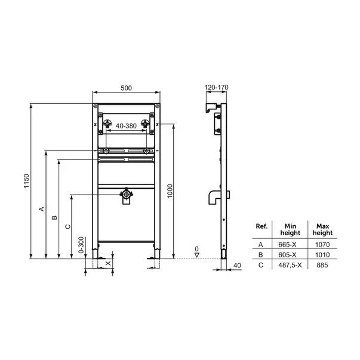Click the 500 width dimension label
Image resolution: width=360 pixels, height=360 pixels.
tap(127, 88)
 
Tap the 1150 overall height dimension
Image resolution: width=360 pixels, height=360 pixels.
tap(27, 181)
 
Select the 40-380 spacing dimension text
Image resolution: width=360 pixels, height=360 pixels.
tap(126, 126)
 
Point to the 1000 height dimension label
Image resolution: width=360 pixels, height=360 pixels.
tap(170, 191)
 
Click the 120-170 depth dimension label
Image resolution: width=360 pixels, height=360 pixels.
tap(216, 87)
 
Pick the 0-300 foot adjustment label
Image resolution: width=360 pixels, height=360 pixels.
tap(81, 245)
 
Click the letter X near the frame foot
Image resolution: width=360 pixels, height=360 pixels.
tap(108, 263)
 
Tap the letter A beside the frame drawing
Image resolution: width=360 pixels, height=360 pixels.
tap(41, 209)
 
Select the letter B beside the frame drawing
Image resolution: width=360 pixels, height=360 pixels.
tap(54, 217)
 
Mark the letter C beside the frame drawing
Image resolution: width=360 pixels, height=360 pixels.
tap(67, 227)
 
